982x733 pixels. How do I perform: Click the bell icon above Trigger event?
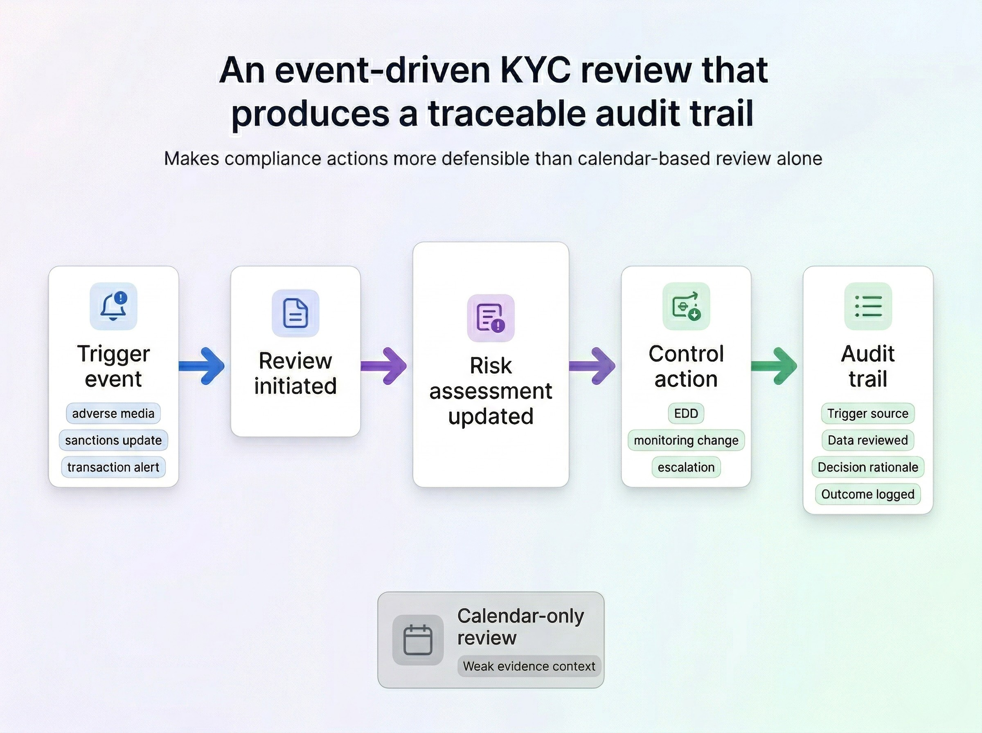[113, 306]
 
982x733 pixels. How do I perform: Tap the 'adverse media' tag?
[113, 413]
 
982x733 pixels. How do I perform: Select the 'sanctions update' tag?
[113, 440]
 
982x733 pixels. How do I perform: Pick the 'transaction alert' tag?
[113, 467]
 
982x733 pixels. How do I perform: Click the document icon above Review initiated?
[295, 313]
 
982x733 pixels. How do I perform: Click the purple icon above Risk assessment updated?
[490, 318]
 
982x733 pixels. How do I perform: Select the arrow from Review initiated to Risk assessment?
[384, 366]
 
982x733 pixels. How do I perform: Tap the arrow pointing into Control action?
[593, 366]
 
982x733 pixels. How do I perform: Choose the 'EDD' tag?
[686, 413]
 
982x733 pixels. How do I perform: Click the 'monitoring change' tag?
[686, 440]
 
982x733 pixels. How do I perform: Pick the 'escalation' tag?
[686, 467]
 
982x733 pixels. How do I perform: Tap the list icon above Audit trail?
[867, 306]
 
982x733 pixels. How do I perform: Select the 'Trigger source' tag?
[867, 413]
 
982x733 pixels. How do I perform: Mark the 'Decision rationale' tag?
[867, 467]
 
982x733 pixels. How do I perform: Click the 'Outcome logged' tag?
[867, 494]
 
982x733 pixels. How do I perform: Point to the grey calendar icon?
[418, 640]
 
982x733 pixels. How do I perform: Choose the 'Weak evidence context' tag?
[529, 666]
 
